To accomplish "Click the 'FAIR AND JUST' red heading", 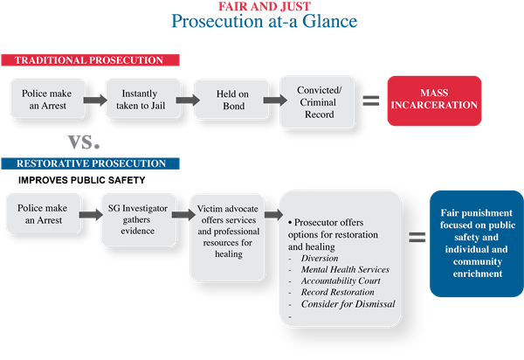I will (x=261, y=6).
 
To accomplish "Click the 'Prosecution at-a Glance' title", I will (x=261, y=21).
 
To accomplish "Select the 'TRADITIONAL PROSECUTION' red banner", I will (x=91, y=60).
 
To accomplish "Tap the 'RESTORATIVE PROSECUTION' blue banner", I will (x=91, y=163).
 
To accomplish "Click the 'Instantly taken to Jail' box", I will (x=135, y=98).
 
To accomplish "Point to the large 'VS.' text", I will (x=84, y=141).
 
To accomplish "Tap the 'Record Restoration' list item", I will (x=337, y=293).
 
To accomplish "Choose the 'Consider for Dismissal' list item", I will (x=348, y=304).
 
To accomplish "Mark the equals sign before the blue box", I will (x=417, y=236).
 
